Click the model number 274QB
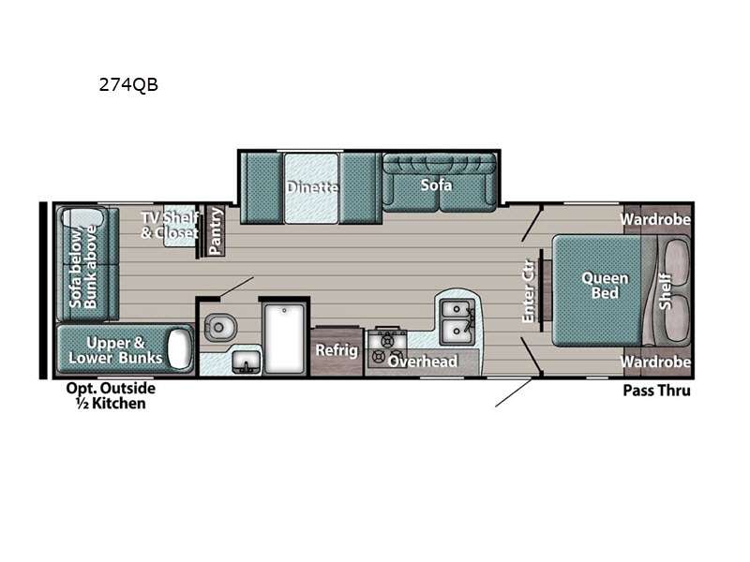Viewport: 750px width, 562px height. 128,85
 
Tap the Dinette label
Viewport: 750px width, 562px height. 312,186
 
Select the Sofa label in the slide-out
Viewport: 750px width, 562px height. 436,185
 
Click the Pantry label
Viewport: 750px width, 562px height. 216,230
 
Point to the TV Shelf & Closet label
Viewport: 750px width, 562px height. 170,225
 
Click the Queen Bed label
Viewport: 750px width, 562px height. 605,286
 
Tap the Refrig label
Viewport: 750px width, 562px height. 337,350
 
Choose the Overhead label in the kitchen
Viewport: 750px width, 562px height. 423,362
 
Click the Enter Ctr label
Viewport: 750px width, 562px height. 528,291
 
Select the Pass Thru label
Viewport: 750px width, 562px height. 657,391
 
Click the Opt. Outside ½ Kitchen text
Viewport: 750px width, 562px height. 111,395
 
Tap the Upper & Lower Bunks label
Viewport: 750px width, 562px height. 115,350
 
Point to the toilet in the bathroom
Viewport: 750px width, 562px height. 220,327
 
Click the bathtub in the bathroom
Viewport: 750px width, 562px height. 284,338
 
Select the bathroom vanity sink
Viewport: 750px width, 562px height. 247,362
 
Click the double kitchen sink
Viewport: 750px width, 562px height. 457,321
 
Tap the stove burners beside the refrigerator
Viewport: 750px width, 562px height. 386,348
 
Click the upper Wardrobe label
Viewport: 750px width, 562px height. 655,219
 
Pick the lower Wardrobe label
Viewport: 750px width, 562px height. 655,362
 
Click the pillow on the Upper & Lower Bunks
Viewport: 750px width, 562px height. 179,348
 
